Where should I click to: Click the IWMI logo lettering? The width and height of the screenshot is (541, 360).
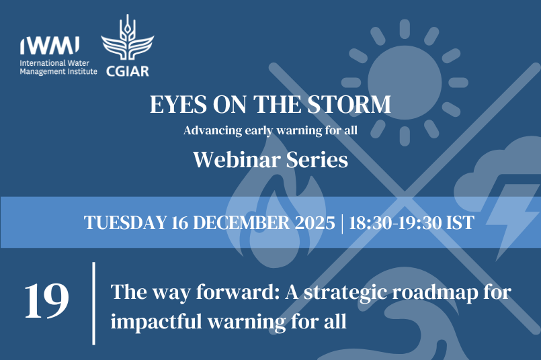point(50,45)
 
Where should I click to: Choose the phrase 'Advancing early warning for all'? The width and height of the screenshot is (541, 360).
point(270,130)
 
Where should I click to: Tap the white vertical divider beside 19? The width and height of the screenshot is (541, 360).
point(93,303)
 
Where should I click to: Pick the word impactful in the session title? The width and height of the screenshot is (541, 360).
point(160,321)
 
